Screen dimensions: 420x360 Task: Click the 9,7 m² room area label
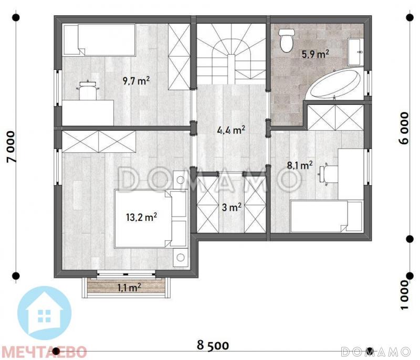pyautogui.click(x=136, y=80)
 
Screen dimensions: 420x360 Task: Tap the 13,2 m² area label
pyautogui.click(x=141, y=217)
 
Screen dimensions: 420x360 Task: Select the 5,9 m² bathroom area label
pyautogui.click(x=316, y=55)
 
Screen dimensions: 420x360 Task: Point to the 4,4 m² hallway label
pyautogui.click(x=231, y=130)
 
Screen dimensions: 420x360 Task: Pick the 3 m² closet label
pyautogui.click(x=232, y=207)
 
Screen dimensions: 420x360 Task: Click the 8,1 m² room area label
pyautogui.click(x=299, y=165)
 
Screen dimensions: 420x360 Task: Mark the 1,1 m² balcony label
pyautogui.click(x=129, y=288)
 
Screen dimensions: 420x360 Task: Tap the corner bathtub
pyautogui.click(x=335, y=84)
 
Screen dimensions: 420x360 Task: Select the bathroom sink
pyautogui.click(x=355, y=51)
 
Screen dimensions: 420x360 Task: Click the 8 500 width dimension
pyautogui.click(x=213, y=345)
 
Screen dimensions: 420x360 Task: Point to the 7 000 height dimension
pyautogui.click(x=12, y=147)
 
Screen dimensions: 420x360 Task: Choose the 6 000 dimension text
pyautogui.click(x=404, y=128)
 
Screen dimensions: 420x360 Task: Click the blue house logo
pyautogui.click(x=45, y=313)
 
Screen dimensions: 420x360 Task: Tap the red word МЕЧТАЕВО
pyautogui.click(x=44, y=352)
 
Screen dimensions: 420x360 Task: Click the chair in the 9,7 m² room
pyautogui.click(x=88, y=90)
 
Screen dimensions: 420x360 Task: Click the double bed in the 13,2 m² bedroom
pyautogui.click(x=150, y=218)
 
